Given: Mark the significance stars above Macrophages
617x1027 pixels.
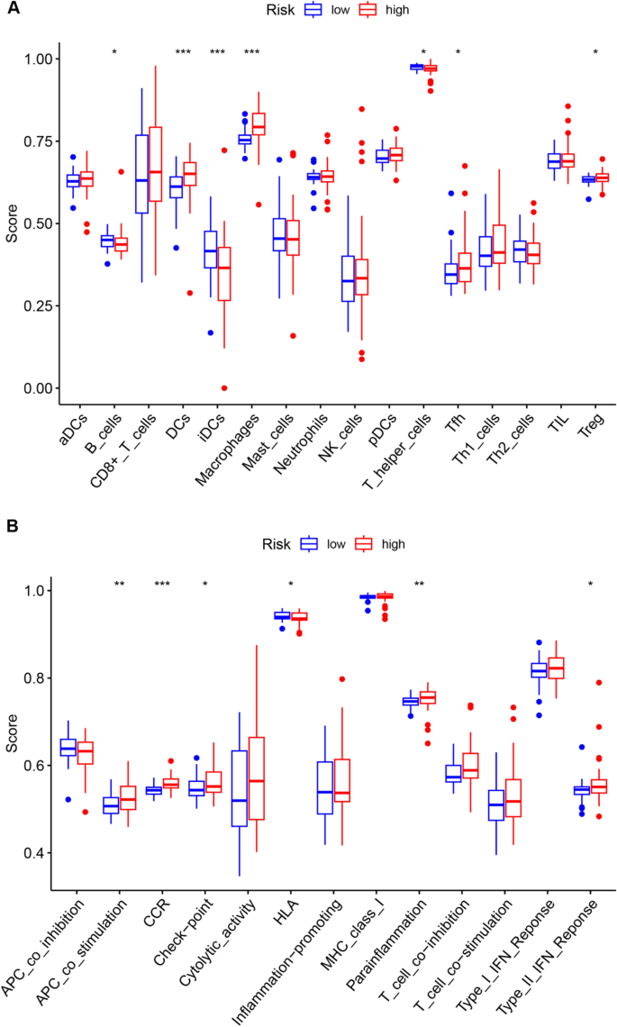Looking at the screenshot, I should pos(251,52).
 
